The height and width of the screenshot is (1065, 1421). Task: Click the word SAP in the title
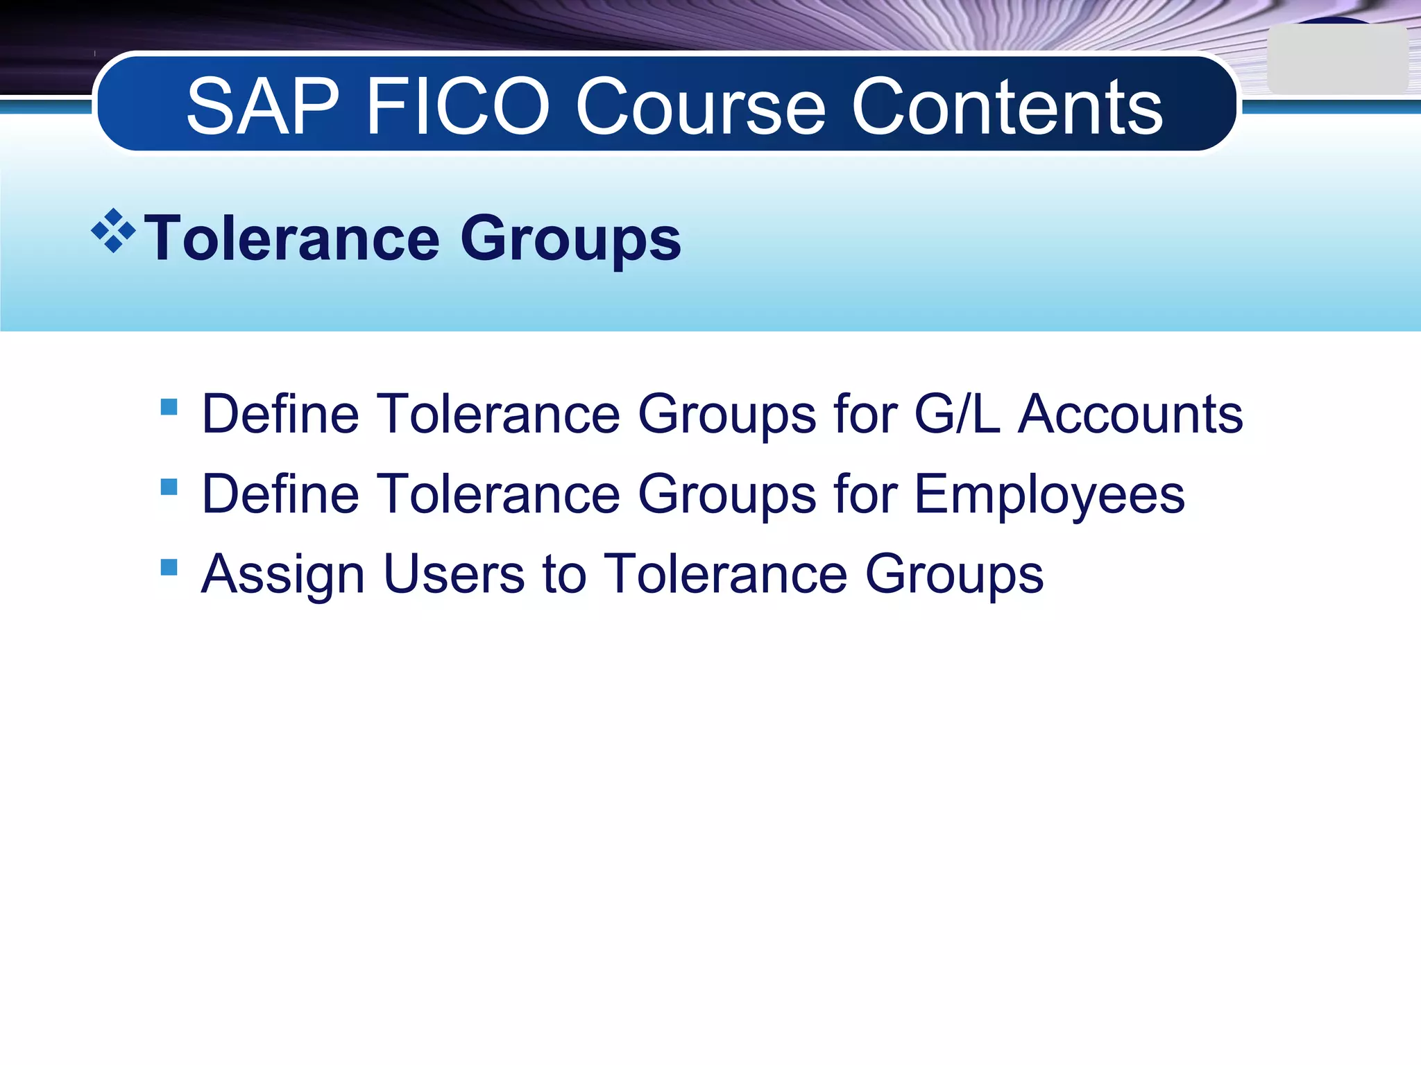(263, 107)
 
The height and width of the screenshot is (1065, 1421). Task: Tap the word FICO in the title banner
(458, 107)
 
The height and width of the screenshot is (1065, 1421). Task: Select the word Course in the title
(701, 107)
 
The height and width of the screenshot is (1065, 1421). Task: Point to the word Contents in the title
(1007, 107)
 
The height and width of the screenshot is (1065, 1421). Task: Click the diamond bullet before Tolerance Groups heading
(113, 231)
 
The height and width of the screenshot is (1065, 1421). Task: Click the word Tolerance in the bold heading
(292, 239)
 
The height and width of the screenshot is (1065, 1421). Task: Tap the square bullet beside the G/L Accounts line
(169, 406)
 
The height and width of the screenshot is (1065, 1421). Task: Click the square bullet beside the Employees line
(169, 487)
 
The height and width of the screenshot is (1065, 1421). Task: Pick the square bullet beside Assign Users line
(169, 567)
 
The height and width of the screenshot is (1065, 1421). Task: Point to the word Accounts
(1130, 414)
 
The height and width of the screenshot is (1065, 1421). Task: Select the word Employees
(1050, 495)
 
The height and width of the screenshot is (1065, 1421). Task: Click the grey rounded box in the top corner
(1337, 60)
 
